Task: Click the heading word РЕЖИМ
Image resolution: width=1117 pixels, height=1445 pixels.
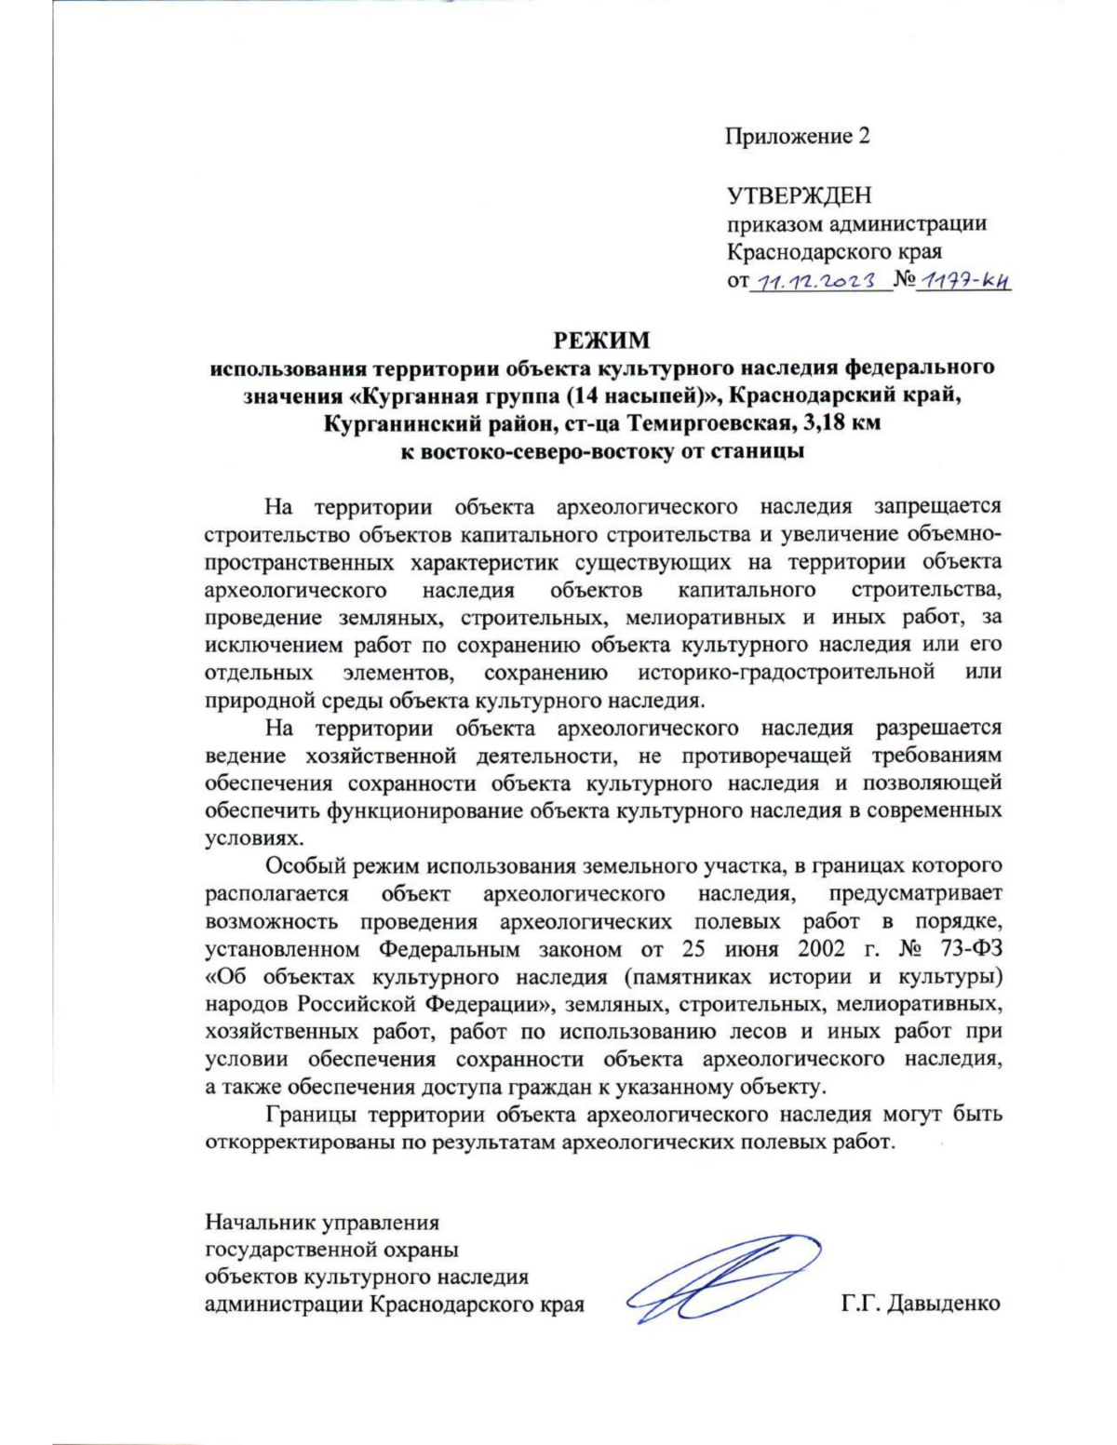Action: click(x=602, y=340)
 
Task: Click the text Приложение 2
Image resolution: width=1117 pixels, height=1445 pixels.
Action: click(x=798, y=137)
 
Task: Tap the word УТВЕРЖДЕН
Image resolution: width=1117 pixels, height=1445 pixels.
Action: click(x=799, y=195)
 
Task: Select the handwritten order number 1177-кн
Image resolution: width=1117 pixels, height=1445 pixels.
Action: click(x=962, y=280)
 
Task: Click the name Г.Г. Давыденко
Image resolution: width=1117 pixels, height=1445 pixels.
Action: click(x=920, y=1304)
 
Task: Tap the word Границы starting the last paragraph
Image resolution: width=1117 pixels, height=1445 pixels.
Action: click(x=312, y=1115)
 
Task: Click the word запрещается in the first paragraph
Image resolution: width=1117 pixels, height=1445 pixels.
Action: click(x=937, y=507)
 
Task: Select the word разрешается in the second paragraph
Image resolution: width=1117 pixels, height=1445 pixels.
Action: click(x=938, y=728)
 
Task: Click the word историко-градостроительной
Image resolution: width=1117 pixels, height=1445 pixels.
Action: click(x=787, y=673)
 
